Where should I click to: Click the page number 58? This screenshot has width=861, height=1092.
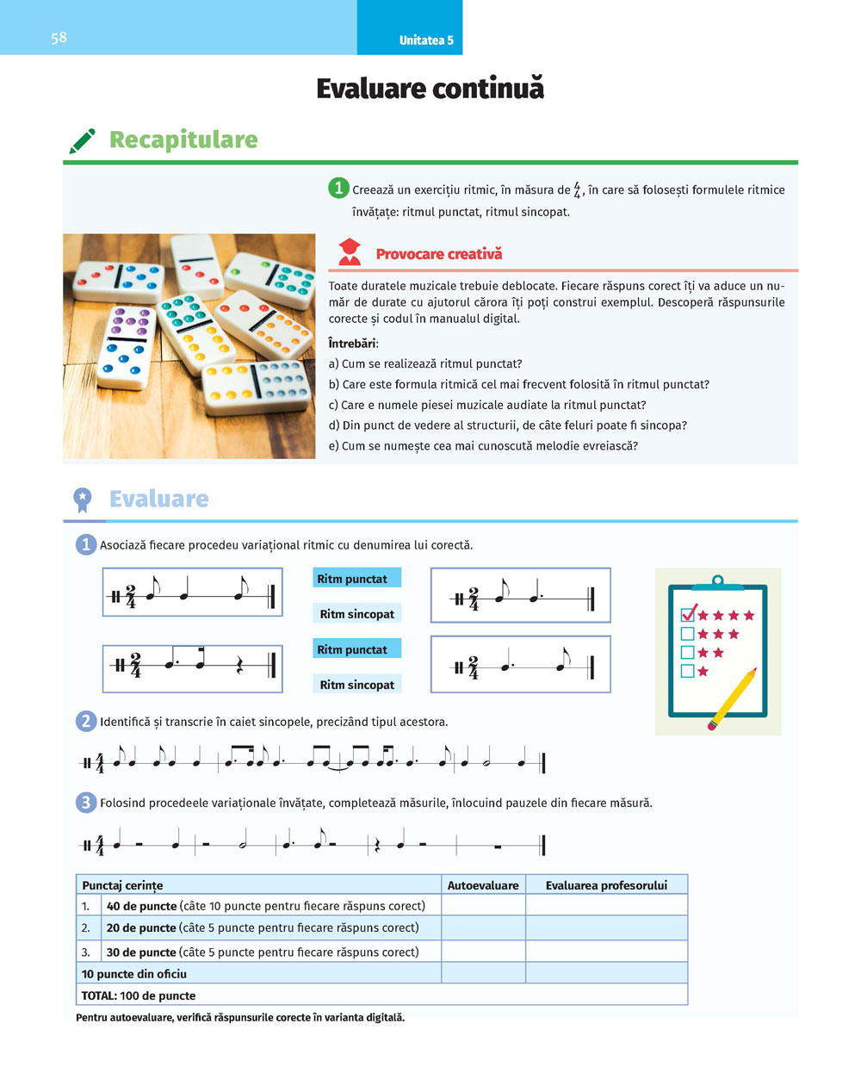pos(59,37)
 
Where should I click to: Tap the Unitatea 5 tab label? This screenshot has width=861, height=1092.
pos(426,40)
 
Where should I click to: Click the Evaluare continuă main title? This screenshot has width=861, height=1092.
pos(430,89)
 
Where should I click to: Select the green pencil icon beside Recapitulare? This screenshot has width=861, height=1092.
pos(83,140)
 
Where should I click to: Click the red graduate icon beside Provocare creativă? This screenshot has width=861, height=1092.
pos(350,252)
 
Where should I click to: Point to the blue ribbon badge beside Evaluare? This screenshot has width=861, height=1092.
pos(83,499)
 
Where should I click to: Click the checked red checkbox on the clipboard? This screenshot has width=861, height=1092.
pos(688,614)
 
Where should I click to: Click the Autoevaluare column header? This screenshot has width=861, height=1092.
pos(483,885)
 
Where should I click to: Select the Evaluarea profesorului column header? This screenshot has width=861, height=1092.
pos(606,885)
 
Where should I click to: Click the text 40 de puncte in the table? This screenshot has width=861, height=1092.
pos(141,906)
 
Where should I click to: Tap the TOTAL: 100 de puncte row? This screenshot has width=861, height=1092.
pos(139,996)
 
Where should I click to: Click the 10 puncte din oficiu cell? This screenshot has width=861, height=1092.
pos(134,974)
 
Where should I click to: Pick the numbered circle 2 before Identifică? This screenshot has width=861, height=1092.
pos(86,722)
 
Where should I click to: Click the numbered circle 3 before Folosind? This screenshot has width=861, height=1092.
pos(86,803)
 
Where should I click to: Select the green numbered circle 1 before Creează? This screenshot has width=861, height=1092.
pos(338,189)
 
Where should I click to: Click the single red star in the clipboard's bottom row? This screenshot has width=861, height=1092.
pos(703,671)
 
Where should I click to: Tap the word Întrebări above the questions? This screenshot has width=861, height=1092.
pos(353,344)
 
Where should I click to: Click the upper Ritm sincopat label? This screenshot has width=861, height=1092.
pos(357,614)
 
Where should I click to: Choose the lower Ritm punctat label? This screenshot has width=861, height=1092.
pos(352,649)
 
